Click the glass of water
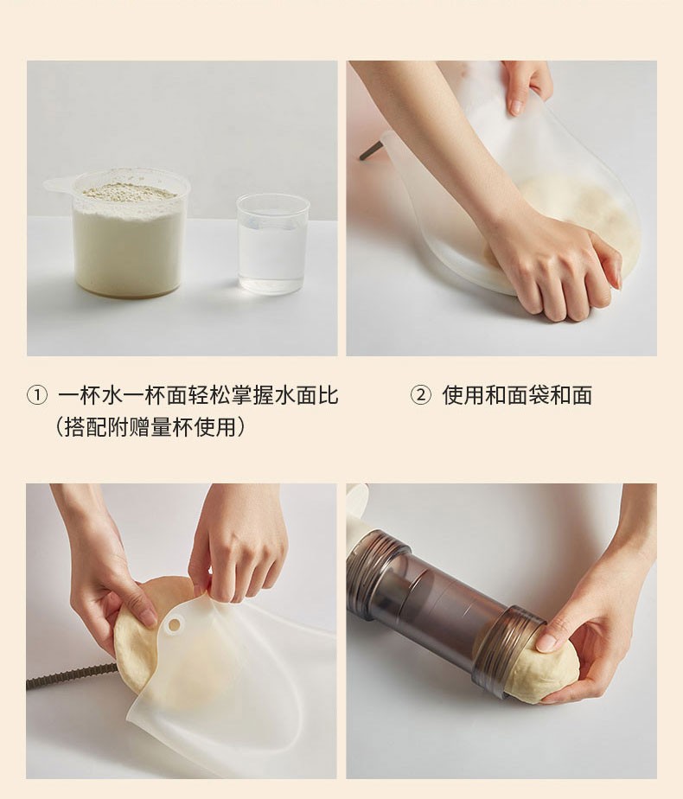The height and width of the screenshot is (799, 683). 273,243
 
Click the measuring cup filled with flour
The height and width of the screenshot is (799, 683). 127,234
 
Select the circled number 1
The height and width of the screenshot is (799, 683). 36,395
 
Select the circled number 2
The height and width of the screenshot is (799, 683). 421,395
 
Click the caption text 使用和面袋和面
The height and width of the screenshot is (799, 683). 517,395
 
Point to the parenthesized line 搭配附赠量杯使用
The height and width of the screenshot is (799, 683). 150,426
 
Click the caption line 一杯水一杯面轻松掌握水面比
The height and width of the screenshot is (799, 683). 198,395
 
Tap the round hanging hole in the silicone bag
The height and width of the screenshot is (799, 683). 174,623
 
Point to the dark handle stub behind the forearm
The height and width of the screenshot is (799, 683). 370,151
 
